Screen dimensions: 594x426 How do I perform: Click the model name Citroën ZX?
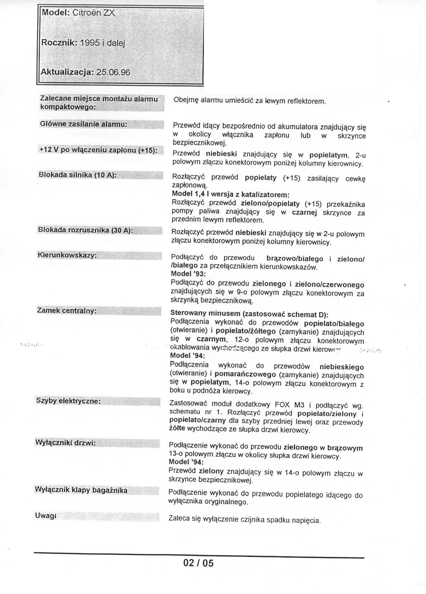click(x=93, y=13)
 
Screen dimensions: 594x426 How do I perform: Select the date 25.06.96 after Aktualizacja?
click(x=113, y=72)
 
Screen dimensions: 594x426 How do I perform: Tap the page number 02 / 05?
click(x=198, y=563)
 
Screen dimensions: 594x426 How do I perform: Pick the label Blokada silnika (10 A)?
click(x=77, y=175)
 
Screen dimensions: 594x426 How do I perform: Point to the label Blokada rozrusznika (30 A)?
click(x=85, y=230)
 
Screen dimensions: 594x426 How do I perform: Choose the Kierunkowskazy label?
click(x=67, y=255)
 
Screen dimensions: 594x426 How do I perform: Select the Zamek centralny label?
click(x=67, y=310)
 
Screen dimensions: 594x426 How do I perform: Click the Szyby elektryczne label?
click(x=68, y=401)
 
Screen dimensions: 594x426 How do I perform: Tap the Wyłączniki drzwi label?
click(x=65, y=443)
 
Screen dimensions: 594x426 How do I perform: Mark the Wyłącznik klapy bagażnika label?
click(x=81, y=490)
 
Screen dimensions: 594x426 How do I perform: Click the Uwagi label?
click(x=46, y=516)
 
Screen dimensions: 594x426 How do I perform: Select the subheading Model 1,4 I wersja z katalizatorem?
click(x=231, y=194)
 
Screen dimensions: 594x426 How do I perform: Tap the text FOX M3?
click(x=289, y=405)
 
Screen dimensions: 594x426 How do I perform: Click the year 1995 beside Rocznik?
click(x=90, y=43)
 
